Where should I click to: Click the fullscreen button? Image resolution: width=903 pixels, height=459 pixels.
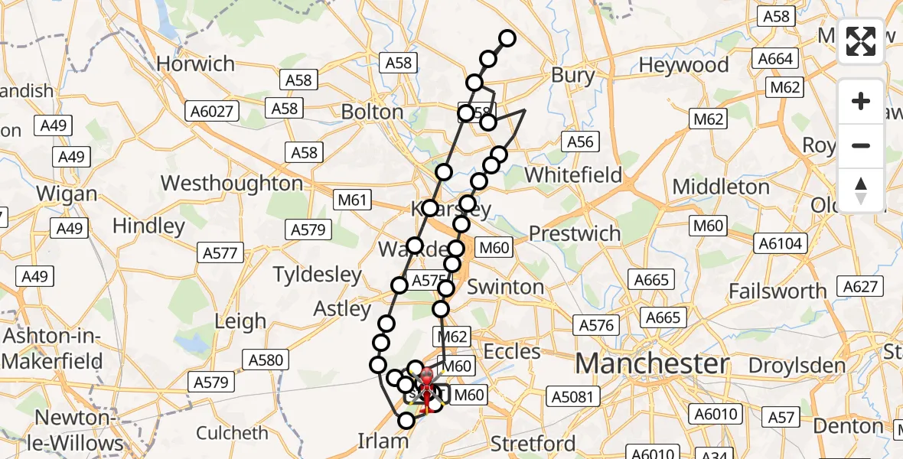[x=861, y=41]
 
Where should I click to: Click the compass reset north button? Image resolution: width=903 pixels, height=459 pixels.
[x=861, y=190]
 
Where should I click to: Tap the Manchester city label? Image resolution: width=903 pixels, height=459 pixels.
[x=652, y=363]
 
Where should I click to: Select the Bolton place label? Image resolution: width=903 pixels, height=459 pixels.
[x=372, y=112]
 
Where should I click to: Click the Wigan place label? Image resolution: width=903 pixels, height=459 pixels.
[x=67, y=194]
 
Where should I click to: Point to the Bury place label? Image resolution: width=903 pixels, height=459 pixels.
[x=572, y=75]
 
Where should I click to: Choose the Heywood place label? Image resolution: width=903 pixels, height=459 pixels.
[x=683, y=65]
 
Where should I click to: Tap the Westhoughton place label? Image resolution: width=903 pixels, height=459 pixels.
[x=233, y=184]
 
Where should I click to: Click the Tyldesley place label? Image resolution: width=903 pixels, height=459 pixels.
[x=317, y=274]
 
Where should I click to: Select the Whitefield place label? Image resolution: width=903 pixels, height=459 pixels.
[x=573, y=174]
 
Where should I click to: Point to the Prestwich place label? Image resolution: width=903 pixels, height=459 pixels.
[x=575, y=233]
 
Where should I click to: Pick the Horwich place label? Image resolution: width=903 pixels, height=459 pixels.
[x=195, y=63]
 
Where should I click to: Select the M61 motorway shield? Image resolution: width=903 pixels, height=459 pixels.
[x=353, y=201]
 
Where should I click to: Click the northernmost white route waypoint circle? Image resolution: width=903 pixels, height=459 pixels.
[x=507, y=38]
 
